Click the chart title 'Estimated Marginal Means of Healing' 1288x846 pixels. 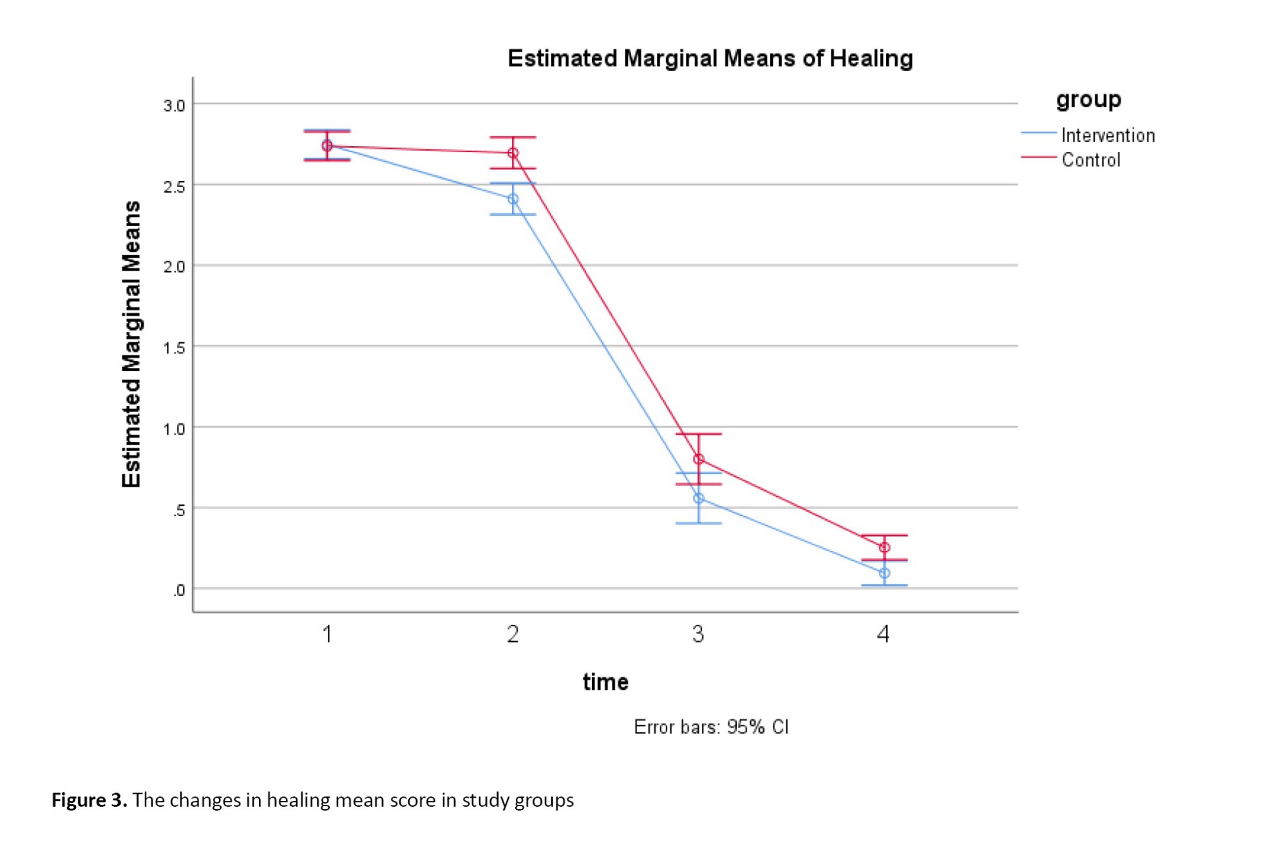710,59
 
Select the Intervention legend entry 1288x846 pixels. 1108,135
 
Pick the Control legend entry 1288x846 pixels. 1091,160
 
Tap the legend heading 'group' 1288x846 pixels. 1088,99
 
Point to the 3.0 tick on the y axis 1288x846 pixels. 174,106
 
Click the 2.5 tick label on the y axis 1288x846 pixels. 174,187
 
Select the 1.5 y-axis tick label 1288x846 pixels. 174,349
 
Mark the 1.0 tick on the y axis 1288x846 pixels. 174,429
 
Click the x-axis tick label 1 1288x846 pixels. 327,635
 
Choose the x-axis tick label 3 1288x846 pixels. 698,635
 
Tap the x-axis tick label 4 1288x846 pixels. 884,635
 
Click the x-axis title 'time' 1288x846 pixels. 605,682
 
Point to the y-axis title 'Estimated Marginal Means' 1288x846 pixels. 131,344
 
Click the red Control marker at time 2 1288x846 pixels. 513,153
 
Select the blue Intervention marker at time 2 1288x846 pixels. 513,199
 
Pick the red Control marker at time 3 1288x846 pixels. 699,459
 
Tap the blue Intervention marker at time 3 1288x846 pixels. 699,498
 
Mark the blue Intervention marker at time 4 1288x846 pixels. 884,573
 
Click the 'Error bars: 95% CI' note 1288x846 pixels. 711,727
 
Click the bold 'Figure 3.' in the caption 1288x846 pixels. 90,800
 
